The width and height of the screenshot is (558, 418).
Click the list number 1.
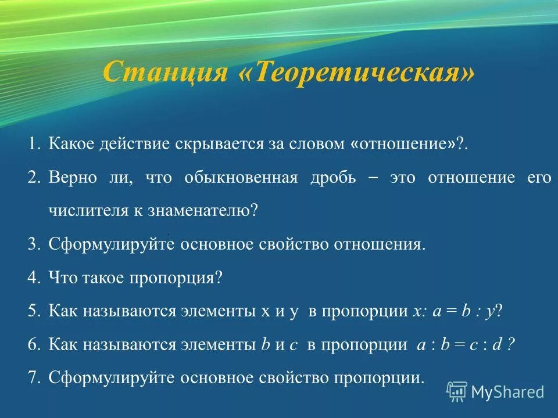click(34, 144)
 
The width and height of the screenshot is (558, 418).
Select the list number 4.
click(33, 278)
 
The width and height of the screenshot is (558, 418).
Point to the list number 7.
click(33, 378)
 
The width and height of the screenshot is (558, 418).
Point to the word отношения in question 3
click(379, 244)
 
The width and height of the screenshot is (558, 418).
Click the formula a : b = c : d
click(466, 344)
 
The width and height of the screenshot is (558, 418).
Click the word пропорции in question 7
click(378, 378)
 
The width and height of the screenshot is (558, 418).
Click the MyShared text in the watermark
click(507, 392)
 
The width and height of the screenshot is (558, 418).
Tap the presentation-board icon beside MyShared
click(457, 392)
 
